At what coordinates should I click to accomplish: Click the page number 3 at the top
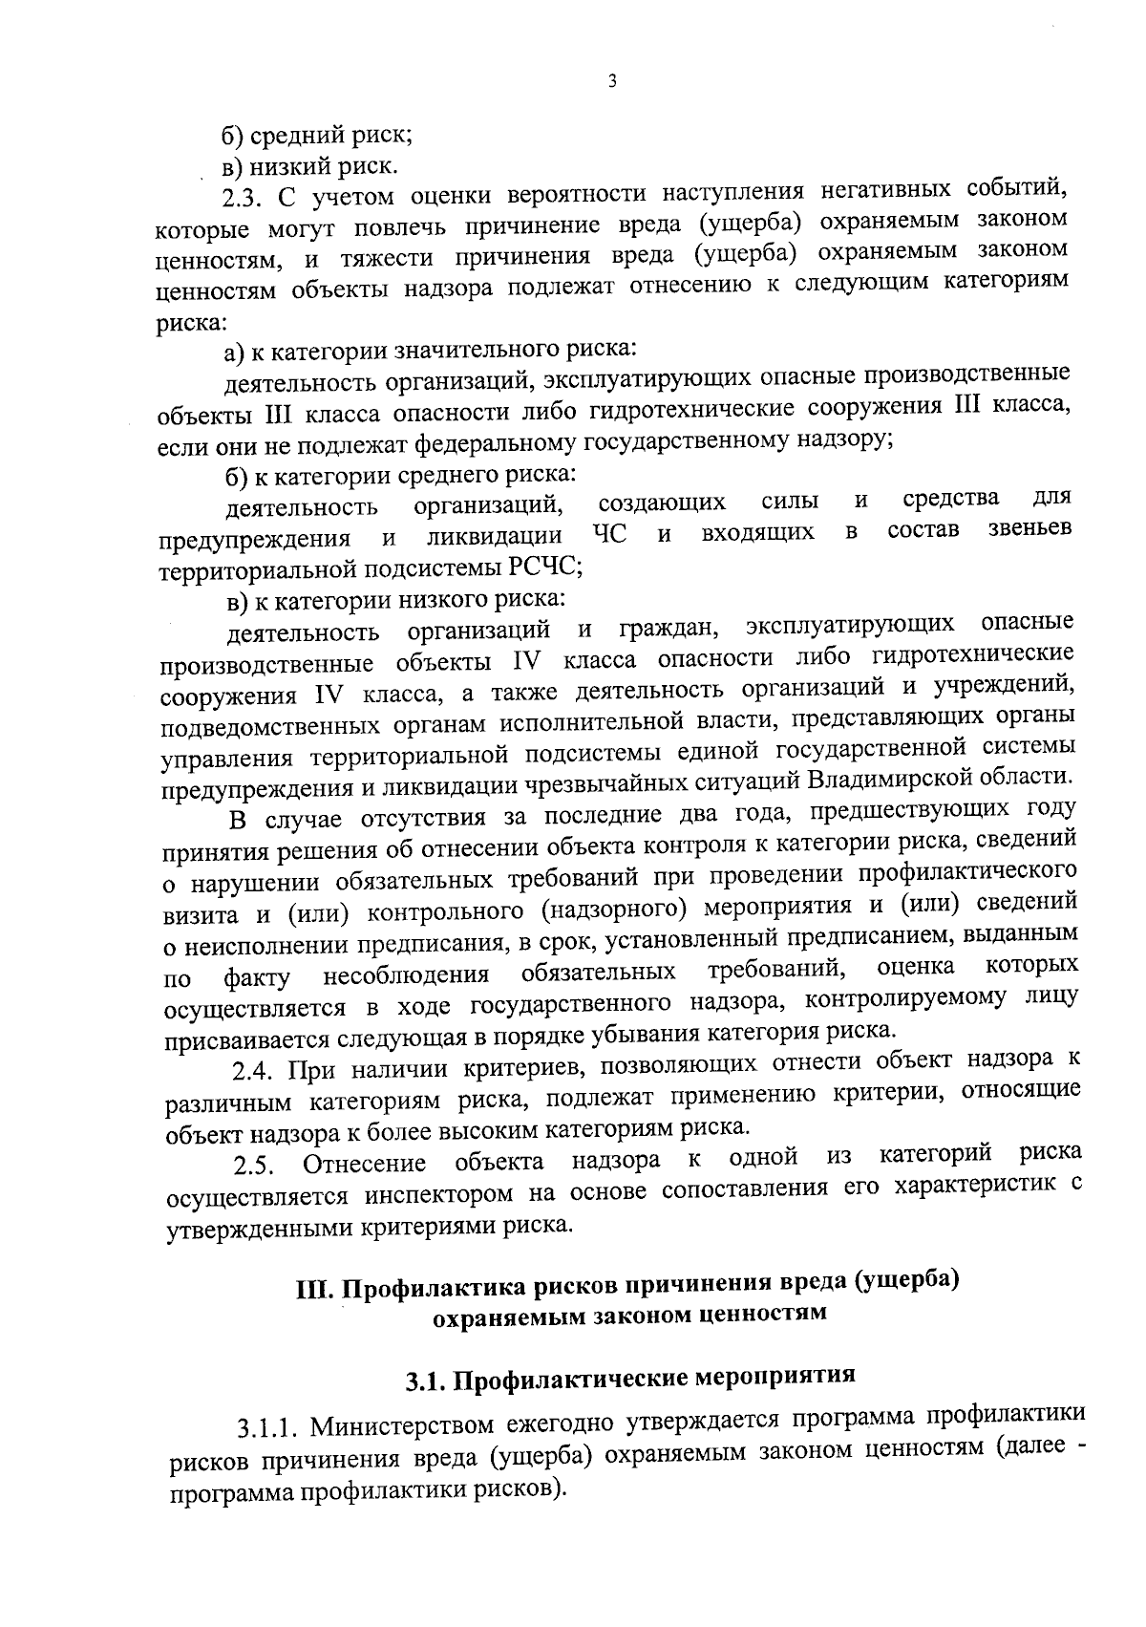pyautogui.click(x=612, y=82)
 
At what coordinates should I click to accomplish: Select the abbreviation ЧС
pyautogui.click(x=609, y=533)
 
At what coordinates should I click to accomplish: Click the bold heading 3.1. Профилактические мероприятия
pyautogui.click(x=629, y=1380)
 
